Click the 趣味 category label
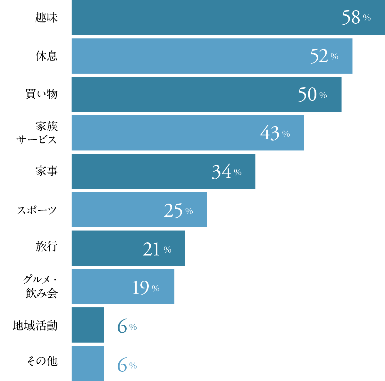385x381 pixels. click(x=46, y=18)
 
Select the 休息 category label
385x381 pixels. click(x=46, y=56)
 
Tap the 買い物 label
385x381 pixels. click(x=42, y=94)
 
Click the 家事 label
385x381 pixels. click(x=46, y=171)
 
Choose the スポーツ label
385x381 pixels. click(x=37, y=210)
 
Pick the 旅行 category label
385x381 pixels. click(x=46, y=247)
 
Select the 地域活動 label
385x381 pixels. click(x=35, y=326)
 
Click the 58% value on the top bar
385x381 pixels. click(x=356, y=18)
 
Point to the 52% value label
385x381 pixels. click(x=324, y=56)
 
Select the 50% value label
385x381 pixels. click(x=312, y=95)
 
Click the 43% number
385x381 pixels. click(x=275, y=133)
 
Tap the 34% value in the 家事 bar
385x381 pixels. click(x=227, y=172)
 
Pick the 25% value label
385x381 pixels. click(x=178, y=211)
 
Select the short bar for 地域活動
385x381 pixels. click(x=88, y=325)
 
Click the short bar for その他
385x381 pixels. click(x=88, y=363)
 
